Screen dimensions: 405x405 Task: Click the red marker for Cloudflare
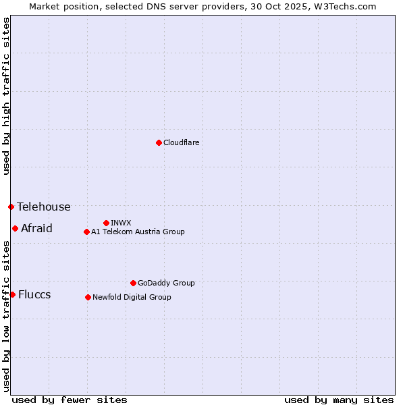[159, 142]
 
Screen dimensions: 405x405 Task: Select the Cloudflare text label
[182, 143]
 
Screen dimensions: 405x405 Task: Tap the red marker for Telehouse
[11, 207]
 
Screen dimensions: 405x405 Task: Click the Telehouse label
[44, 207]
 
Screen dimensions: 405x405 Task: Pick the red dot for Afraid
[15, 228]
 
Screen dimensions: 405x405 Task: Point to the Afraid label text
[36, 229]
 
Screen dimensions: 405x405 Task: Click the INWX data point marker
[106, 223]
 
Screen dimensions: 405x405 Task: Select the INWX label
[121, 223]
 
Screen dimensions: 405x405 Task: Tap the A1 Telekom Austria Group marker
[86, 232]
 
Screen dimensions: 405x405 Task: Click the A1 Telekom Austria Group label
[138, 232]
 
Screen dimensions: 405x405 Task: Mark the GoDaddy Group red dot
[133, 283]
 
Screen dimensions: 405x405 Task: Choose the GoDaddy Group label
[166, 283]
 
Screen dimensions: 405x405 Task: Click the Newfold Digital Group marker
[88, 297]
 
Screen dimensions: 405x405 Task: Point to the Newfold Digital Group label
[132, 298]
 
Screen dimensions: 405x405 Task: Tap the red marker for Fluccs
[12, 294]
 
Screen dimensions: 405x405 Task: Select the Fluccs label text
[34, 295]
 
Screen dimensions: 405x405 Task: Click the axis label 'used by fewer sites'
[70, 400]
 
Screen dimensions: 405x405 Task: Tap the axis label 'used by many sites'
[339, 400]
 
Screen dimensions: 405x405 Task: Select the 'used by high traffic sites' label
[6, 96]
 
